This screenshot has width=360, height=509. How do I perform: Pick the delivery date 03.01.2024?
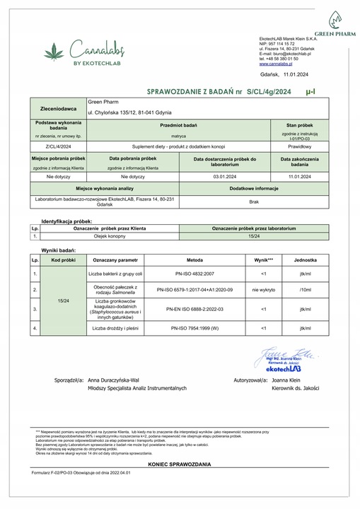(223, 177)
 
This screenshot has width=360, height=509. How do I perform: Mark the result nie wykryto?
(263, 290)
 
